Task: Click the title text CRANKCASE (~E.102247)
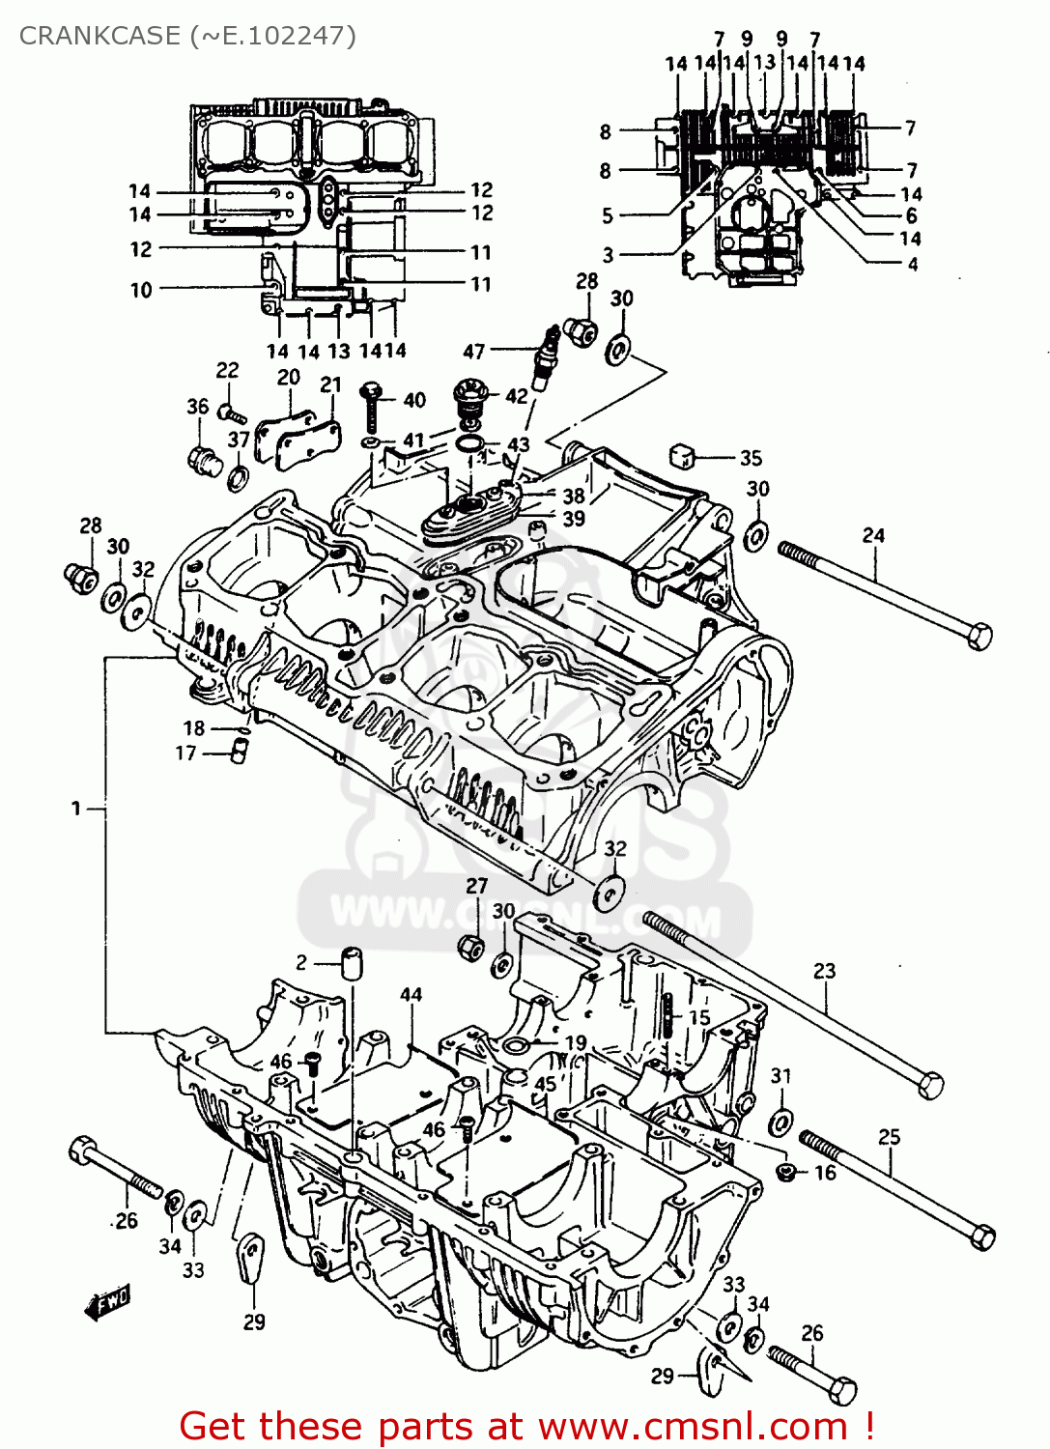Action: click(187, 36)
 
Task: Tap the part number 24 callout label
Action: click(873, 535)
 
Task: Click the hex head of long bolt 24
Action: click(979, 637)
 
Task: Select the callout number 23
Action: click(824, 971)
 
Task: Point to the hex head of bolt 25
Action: click(981, 1236)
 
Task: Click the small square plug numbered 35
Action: click(683, 456)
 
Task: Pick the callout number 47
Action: click(473, 352)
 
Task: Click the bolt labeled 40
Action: click(371, 406)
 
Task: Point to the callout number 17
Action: click(185, 753)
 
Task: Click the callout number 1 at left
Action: click(76, 809)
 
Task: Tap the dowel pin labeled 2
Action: click(351, 963)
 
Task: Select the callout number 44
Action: click(411, 994)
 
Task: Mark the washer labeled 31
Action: click(780, 1122)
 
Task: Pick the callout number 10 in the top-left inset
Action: click(141, 290)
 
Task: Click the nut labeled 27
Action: click(471, 947)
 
